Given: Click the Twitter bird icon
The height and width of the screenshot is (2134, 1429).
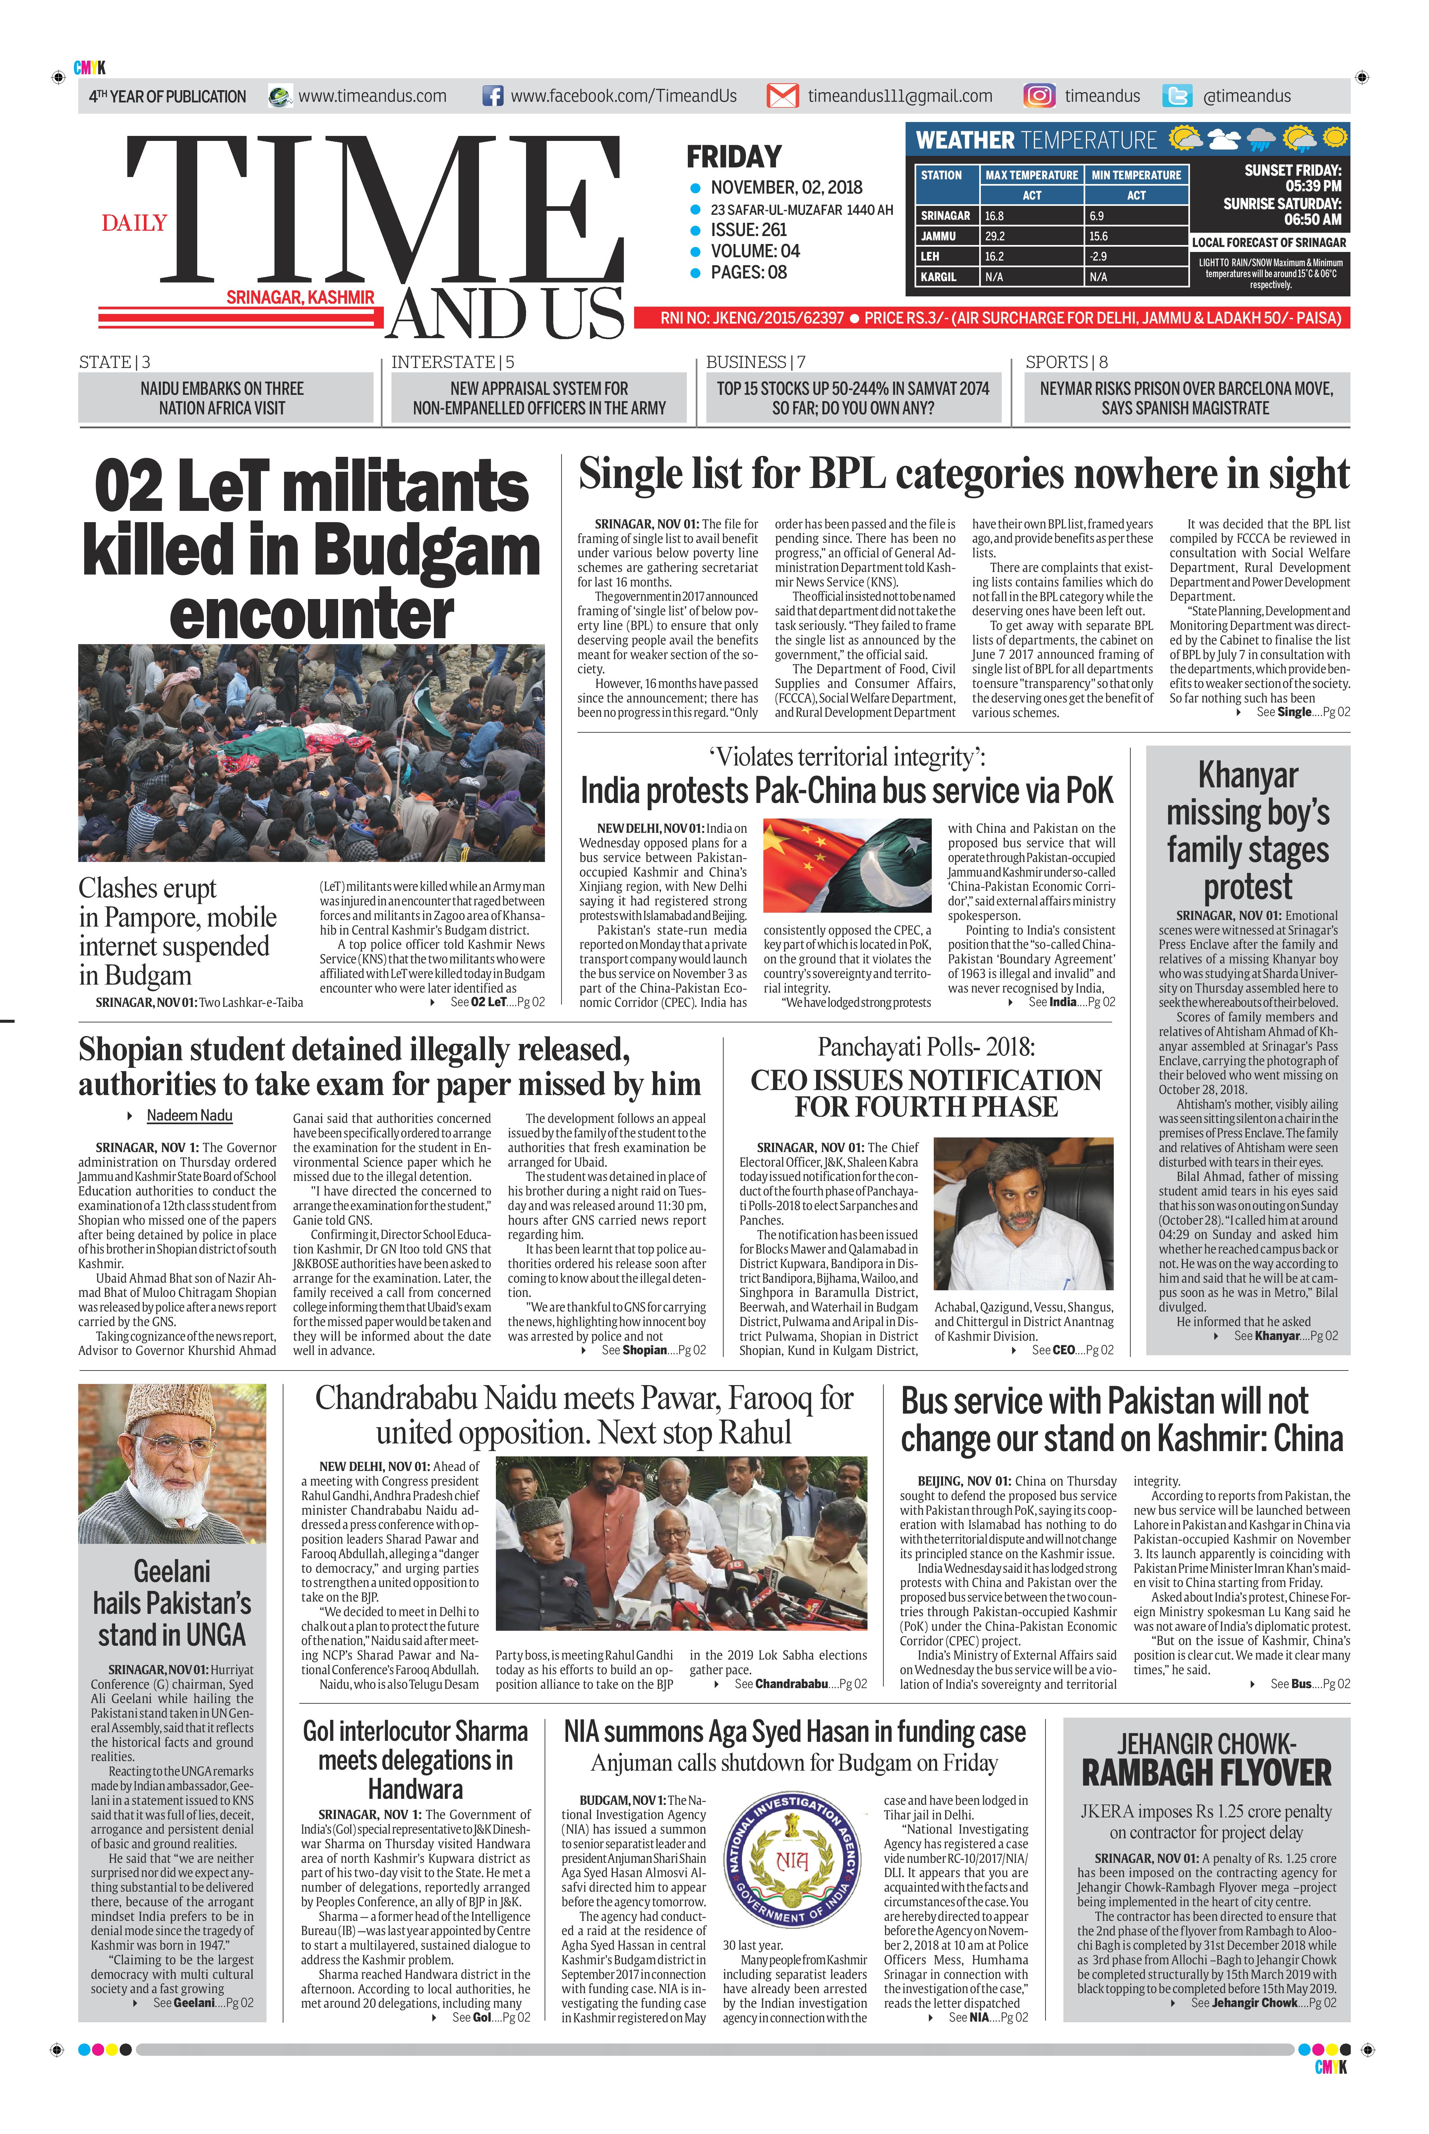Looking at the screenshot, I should [x=1177, y=96].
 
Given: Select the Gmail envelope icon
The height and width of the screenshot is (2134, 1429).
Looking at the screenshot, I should [x=782, y=96].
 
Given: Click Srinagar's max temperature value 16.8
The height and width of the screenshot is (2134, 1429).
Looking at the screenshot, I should [x=994, y=216].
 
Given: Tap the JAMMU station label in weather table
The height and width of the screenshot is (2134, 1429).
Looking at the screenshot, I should [x=939, y=236].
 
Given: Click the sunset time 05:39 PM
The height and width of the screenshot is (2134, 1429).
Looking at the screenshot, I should [x=1313, y=186].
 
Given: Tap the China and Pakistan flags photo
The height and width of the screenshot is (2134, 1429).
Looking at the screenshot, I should [x=847, y=866].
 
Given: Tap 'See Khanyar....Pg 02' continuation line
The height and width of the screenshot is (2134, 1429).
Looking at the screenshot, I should [x=1285, y=1336].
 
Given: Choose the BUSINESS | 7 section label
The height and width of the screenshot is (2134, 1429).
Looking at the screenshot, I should [x=755, y=362].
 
